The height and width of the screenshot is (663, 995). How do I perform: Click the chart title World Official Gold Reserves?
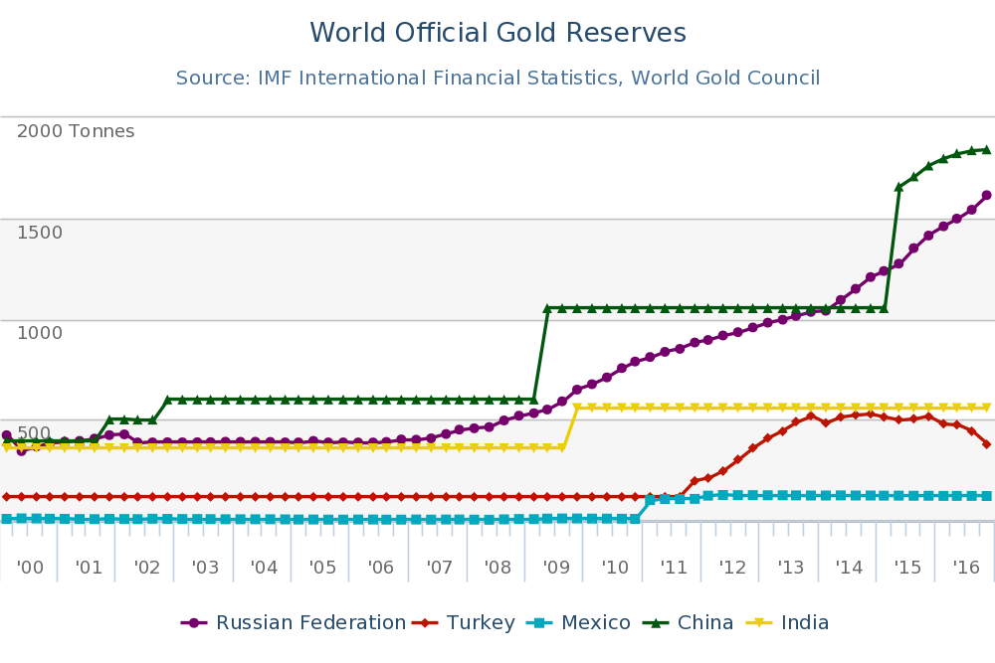click(x=497, y=34)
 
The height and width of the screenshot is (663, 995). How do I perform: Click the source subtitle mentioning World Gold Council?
click(x=497, y=78)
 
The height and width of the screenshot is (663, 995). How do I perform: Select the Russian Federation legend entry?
click(x=294, y=623)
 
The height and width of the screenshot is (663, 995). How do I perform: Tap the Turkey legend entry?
click(x=468, y=623)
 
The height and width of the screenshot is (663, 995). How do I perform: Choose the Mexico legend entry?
click(x=582, y=623)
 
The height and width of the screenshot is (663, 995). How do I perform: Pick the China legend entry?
click(x=693, y=623)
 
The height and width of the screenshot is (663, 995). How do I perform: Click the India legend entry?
click(x=792, y=623)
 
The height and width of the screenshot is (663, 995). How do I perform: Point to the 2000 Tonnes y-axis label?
click(x=76, y=131)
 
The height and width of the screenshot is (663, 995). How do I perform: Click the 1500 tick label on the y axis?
click(x=40, y=233)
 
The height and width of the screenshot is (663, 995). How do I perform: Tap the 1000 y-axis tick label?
click(x=40, y=332)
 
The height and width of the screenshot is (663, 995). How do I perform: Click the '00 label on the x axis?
click(x=31, y=568)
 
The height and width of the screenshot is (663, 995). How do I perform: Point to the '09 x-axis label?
click(x=556, y=568)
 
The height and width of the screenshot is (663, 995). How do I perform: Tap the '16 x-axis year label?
click(x=966, y=568)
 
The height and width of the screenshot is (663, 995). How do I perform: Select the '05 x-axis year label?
click(x=322, y=568)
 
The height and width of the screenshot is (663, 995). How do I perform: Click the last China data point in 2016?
click(x=986, y=150)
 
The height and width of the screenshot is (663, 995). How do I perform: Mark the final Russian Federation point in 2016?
click(x=986, y=195)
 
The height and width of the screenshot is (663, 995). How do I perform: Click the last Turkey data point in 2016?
click(x=986, y=443)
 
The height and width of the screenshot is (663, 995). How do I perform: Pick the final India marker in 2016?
click(x=986, y=408)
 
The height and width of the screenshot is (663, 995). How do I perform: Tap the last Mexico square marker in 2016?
click(x=986, y=495)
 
